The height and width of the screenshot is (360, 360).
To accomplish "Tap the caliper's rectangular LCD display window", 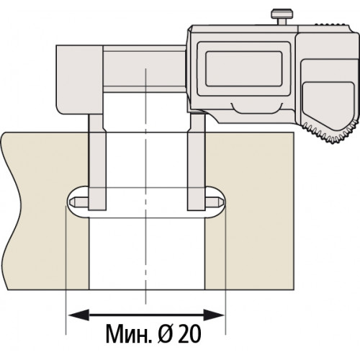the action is coord(243,69).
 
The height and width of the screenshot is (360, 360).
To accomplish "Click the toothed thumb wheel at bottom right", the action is coord(332,132).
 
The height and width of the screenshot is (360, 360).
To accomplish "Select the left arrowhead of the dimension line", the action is coord(78,315).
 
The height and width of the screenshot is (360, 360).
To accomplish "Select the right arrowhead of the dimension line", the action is coord(214,315).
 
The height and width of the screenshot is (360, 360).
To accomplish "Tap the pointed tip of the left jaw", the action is coord(70,202).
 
